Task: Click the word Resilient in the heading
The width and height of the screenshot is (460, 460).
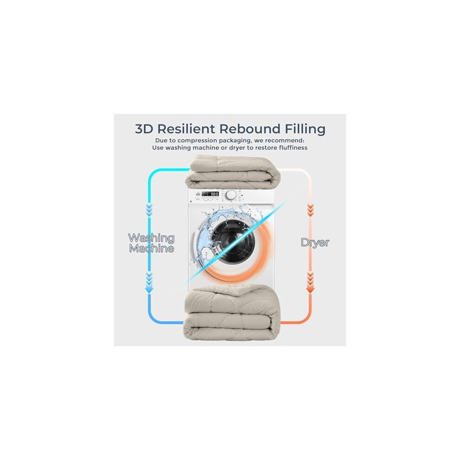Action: (186, 129)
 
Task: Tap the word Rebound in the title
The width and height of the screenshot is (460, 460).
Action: (250, 129)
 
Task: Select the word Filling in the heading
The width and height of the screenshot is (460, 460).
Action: (305, 129)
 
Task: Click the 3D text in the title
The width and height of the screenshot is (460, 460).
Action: (144, 129)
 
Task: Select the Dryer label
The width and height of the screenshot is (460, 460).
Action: (315, 243)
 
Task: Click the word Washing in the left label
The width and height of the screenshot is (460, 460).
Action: (151, 238)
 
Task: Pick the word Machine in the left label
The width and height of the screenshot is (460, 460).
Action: (151, 249)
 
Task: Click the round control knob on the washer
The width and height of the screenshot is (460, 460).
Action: (231, 195)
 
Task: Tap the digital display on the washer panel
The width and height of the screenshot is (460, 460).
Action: (210, 194)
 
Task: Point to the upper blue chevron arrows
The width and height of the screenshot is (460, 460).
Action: (149, 210)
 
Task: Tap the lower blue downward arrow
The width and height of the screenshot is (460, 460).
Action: (149, 282)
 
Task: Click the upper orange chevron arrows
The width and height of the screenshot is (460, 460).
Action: (310, 210)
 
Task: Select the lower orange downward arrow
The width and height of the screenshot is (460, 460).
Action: (310, 282)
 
